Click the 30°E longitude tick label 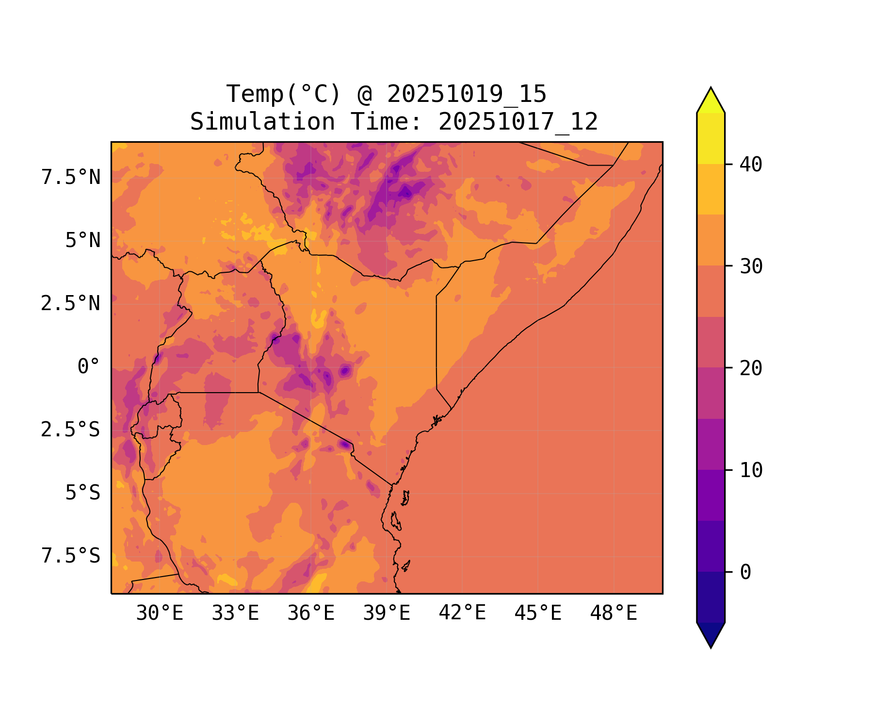pyautogui.click(x=160, y=613)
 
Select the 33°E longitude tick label pyautogui.click(x=235, y=613)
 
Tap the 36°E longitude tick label pyautogui.click(x=311, y=613)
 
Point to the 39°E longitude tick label pyautogui.click(x=387, y=613)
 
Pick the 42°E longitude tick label pyautogui.click(x=462, y=613)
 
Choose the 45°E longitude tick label pyautogui.click(x=538, y=613)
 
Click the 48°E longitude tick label pyautogui.click(x=614, y=613)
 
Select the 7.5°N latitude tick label pyautogui.click(x=71, y=178)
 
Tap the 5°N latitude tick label pyautogui.click(x=83, y=241)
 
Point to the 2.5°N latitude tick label pyautogui.click(x=71, y=304)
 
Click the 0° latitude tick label pyautogui.click(x=89, y=367)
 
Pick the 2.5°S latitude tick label pyautogui.click(x=71, y=430)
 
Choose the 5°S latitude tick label pyautogui.click(x=83, y=493)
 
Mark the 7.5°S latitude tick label pyautogui.click(x=71, y=556)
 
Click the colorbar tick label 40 pyautogui.click(x=751, y=165)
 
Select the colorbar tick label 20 pyautogui.click(x=751, y=368)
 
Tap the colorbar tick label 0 pyautogui.click(x=745, y=573)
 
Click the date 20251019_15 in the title pyautogui.click(x=467, y=94)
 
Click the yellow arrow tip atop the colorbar pyautogui.click(x=711, y=97)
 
